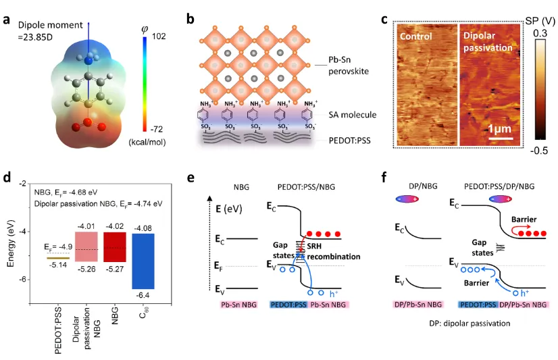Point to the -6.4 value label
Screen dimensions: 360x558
click(143, 295)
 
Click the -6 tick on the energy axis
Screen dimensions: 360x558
click(24, 279)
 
